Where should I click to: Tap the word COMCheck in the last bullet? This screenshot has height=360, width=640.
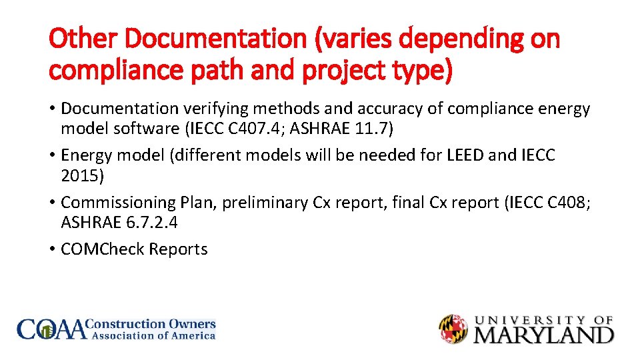103,249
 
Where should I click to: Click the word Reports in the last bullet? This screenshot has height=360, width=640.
178,249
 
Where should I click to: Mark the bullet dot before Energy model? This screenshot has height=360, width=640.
53,156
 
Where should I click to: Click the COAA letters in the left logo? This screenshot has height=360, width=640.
51,329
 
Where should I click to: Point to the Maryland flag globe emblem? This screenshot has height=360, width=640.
453,329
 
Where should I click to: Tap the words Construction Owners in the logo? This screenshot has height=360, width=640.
153,324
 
